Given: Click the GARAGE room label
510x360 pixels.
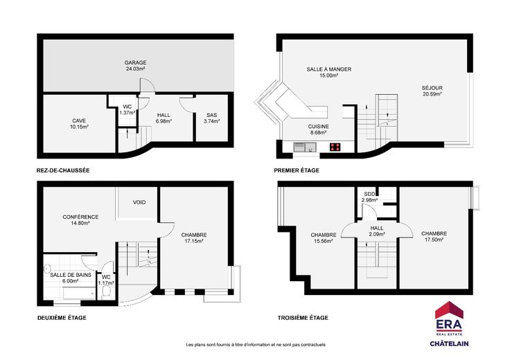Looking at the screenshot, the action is [x=135, y=62].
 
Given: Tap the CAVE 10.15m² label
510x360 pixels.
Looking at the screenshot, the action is [x=80, y=123].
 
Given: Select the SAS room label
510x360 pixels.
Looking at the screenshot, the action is [x=212, y=115].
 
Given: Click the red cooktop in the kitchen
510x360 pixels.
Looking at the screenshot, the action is [x=335, y=147].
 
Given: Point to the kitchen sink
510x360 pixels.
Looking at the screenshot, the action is [x=305, y=147].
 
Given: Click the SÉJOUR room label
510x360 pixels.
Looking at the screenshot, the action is [x=432, y=88].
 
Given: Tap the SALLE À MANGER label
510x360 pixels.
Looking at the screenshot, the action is [x=329, y=69].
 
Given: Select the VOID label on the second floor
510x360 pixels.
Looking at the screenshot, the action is [x=139, y=202].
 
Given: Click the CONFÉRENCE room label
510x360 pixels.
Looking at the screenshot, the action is [x=80, y=217].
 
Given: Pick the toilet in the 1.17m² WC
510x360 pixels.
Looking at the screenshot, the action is [x=106, y=292].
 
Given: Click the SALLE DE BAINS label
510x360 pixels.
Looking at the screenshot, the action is [x=71, y=275].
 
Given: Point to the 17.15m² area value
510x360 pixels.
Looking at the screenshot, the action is [x=194, y=241].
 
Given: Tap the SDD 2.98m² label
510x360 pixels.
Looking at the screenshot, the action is [x=369, y=197].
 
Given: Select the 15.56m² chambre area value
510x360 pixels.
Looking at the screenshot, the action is [x=324, y=241].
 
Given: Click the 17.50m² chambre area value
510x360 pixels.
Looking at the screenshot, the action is [x=434, y=240].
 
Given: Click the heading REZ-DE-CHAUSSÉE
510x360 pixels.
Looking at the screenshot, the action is [x=63, y=170].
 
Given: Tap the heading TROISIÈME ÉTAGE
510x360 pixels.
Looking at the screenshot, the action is [x=303, y=318].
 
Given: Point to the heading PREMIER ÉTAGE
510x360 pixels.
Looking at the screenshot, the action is [x=297, y=170].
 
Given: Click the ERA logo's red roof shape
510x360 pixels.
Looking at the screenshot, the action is [x=449, y=309].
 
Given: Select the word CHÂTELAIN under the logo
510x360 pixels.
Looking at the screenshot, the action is [x=449, y=343].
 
